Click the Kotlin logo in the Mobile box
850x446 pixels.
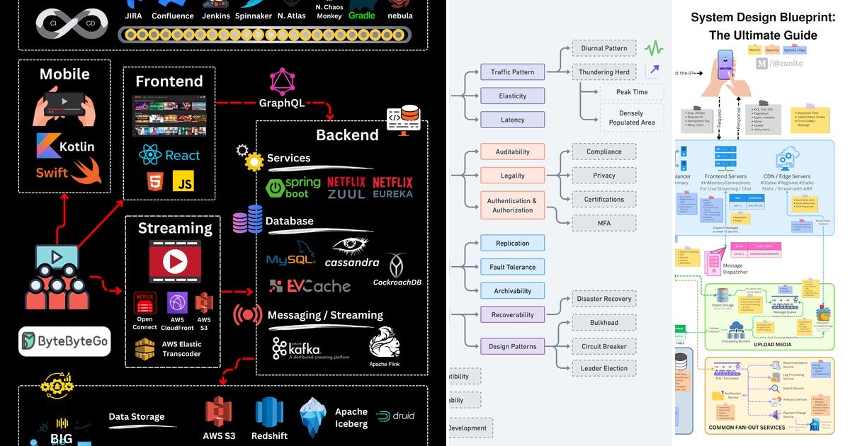[64, 146]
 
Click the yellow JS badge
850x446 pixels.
[183, 183]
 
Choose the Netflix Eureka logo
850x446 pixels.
[392, 188]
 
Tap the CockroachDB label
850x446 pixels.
[397, 282]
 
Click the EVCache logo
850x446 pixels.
[310, 286]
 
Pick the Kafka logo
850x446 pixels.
[297, 348]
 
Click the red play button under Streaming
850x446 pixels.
[174, 262]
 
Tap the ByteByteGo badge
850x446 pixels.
[64, 341]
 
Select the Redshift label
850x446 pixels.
[269, 436]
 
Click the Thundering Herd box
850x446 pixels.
[603, 72]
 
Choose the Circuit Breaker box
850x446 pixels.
[603, 346]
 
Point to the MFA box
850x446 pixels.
[603, 223]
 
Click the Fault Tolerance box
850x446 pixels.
[512, 267]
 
